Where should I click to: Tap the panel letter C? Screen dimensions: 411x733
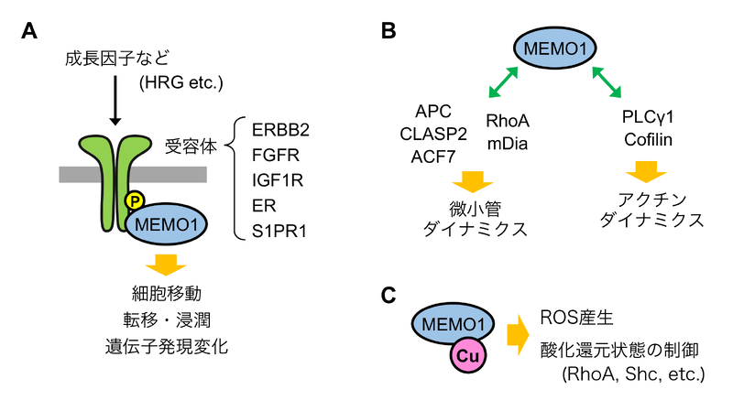click(x=388, y=294)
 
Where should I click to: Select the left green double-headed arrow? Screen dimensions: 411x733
click(x=502, y=84)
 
